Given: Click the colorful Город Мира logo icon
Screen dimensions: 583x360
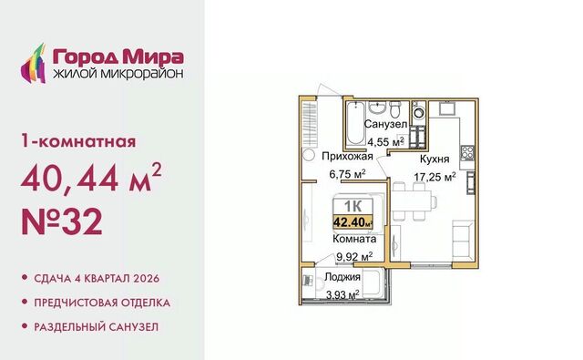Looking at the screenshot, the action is pos(33,63).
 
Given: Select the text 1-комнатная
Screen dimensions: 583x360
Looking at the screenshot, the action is pos(78,141).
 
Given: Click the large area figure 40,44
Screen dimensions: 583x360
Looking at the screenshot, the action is pos(70,178).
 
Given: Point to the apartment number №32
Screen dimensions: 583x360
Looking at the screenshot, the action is pos(62,221).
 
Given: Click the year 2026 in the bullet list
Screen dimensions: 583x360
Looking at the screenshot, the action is pos(145,278).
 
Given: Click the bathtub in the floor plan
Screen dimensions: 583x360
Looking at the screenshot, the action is pos(355,123).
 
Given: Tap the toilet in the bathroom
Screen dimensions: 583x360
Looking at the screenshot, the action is pos(394,109).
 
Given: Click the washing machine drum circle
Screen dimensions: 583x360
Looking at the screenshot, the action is pos(419,111).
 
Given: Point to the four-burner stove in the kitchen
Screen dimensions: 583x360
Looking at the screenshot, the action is pos(467,152).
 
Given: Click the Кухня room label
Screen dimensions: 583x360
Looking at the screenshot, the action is pos(435,159).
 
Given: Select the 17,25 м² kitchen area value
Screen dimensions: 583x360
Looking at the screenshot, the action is pos(435,177).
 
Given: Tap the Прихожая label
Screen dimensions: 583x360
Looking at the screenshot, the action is pos(347,156).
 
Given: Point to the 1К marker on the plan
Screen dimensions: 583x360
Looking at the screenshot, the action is pos(353,206).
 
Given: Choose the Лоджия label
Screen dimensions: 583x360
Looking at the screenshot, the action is pos(343,277).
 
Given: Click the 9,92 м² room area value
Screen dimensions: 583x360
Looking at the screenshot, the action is pos(354,257).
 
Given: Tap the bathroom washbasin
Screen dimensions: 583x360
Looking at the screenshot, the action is pos(377,108).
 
